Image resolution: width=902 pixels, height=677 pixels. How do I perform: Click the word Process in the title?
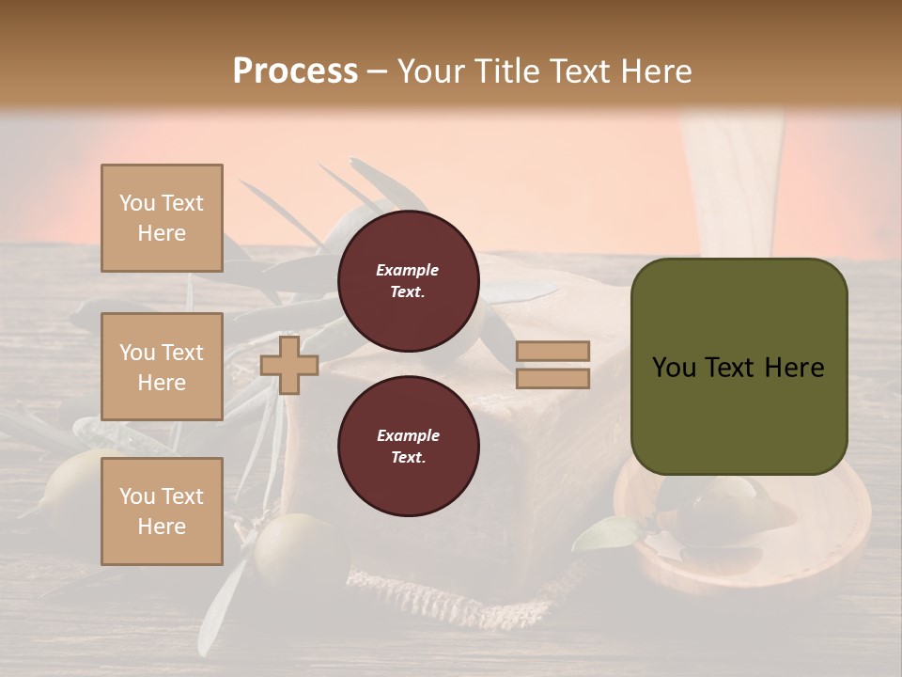click(x=295, y=71)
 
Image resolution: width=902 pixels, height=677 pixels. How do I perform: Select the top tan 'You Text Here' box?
click(x=162, y=218)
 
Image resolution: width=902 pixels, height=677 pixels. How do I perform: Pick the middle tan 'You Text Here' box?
click(x=162, y=367)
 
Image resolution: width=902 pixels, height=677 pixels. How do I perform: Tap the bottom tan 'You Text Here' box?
click(x=162, y=511)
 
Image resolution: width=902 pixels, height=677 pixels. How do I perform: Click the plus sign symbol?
click(x=289, y=366)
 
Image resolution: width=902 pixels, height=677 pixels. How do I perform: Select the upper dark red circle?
click(x=408, y=280)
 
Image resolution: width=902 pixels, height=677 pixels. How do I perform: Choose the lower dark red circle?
click(x=408, y=446)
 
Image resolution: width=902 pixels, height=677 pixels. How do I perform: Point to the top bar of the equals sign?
click(x=553, y=351)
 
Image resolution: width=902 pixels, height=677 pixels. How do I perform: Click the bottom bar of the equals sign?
click(x=553, y=378)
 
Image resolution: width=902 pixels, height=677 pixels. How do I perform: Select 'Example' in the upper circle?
click(x=408, y=270)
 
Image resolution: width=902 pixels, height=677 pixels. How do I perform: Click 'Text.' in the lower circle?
click(x=408, y=457)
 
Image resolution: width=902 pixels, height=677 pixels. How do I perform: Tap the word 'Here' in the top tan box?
click(x=162, y=233)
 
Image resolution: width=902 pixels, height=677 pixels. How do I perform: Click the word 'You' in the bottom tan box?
click(x=137, y=496)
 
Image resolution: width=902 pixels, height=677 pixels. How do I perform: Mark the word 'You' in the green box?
click(x=674, y=368)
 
